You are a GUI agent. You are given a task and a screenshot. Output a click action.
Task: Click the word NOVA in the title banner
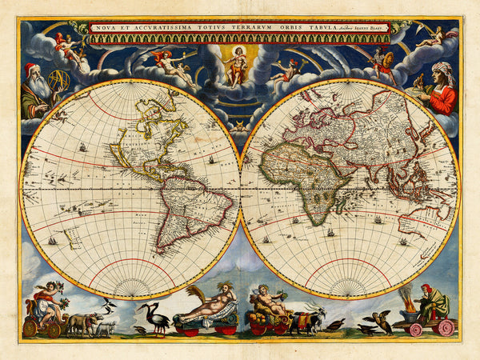point(102,28)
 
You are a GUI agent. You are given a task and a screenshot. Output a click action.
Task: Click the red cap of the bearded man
point(30,69)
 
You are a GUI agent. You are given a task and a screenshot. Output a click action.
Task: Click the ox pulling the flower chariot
point(83,322)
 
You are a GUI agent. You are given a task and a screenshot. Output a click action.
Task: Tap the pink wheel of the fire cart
point(445,327)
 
